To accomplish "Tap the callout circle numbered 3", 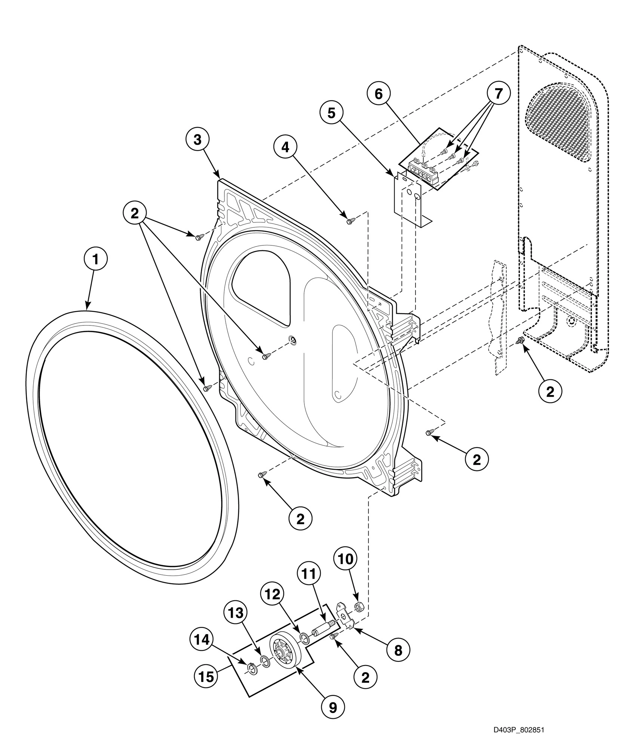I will tap(197, 140).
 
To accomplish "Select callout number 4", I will tap(285, 148).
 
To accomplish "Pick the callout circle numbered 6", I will tap(378, 94).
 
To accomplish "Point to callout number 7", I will tap(498, 94).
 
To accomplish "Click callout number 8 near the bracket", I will tap(398, 651).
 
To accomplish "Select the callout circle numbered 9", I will tap(333, 707).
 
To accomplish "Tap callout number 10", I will tap(346, 570).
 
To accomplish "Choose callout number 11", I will tap(309, 585).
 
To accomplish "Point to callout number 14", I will tap(201, 640).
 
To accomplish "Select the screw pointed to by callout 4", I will tap(350, 222).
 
